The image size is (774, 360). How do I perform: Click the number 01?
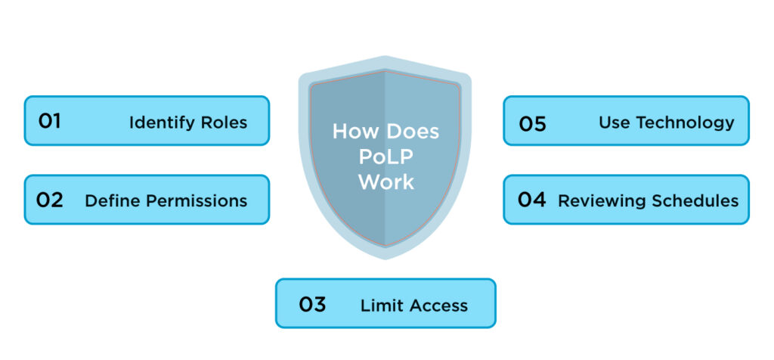(x=49, y=121)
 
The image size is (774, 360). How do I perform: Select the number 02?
(x=50, y=200)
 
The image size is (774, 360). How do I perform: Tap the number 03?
(x=312, y=305)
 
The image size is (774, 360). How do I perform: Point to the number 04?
(x=533, y=200)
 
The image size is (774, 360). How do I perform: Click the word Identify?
(x=157, y=123)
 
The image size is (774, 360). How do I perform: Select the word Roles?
(x=227, y=122)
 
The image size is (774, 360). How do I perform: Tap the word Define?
(x=109, y=200)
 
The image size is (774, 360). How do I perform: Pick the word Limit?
(x=378, y=306)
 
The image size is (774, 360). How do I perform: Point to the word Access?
(x=438, y=306)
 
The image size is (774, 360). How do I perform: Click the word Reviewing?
(x=601, y=200)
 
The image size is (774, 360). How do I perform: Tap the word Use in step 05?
(x=614, y=122)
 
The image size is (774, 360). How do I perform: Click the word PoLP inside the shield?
(x=386, y=157)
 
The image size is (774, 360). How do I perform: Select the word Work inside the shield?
(x=386, y=182)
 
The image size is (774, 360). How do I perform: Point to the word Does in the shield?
(x=412, y=132)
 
